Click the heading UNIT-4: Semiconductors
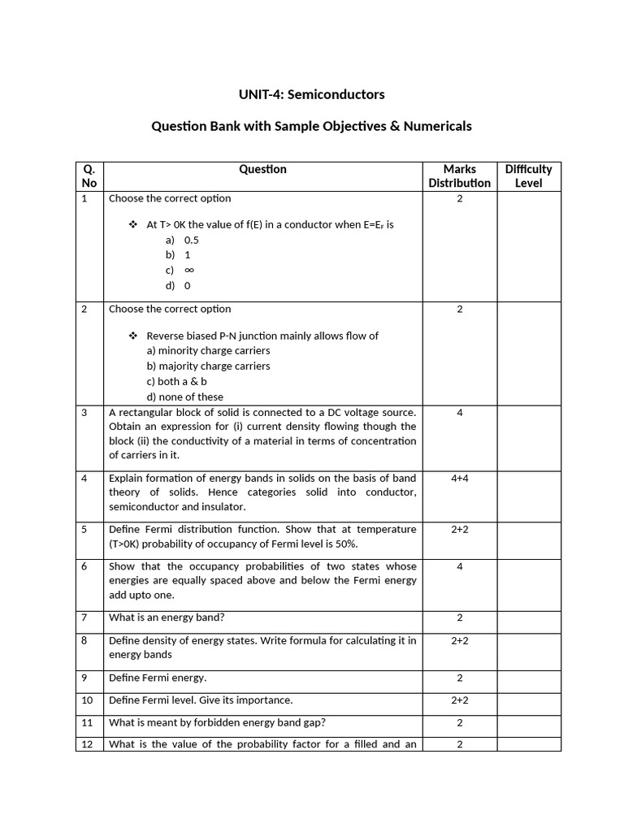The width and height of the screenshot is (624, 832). (x=312, y=94)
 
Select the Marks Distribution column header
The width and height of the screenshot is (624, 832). (x=459, y=175)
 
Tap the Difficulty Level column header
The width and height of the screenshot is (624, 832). (x=528, y=175)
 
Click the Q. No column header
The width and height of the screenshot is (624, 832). (x=89, y=175)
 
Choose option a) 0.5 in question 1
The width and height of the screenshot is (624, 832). (x=183, y=240)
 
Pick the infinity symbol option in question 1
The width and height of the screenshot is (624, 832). (x=182, y=270)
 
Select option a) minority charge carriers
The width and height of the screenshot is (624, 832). (x=208, y=350)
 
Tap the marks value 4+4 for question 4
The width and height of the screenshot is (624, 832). (x=459, y=478)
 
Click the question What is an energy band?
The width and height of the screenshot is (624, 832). (x=166, y=617)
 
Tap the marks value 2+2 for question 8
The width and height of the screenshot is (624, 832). (x=459, y=640)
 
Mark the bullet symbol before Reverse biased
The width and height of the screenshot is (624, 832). (x=134, y=336)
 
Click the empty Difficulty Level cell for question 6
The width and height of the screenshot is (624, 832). (x=528, y=581)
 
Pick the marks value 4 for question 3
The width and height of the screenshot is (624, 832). (x=459, y=413)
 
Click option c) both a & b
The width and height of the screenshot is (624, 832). (x=177, y=381)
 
